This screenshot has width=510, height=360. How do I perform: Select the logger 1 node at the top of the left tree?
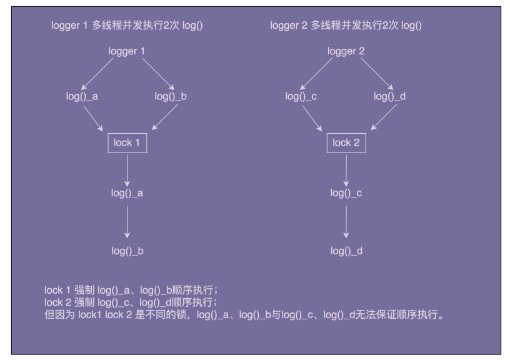[x=127, y=52]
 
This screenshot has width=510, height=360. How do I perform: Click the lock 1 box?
[x=127, y=142]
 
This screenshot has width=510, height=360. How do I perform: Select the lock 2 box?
[x=347, y=142]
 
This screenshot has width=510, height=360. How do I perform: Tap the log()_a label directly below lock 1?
[x=127, y=194]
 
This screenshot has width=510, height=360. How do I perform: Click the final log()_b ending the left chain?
[x=127, y=251]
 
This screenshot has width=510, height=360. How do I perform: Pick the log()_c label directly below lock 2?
[x=347, y=194]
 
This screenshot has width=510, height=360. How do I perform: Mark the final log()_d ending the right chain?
[x=347, y=251]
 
